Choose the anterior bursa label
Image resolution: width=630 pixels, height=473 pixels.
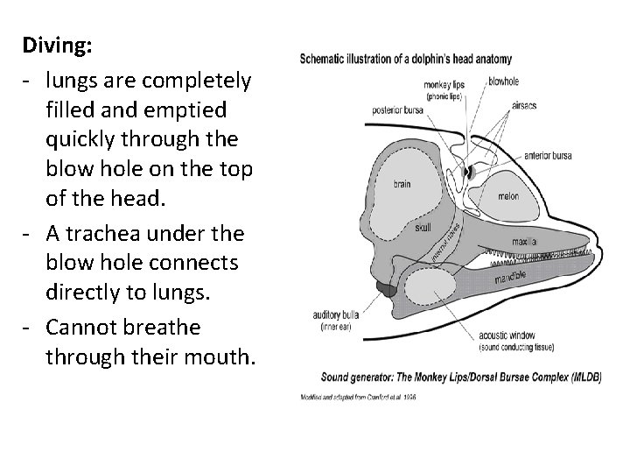point(548,156)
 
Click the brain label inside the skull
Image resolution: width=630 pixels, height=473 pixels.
point(402,184)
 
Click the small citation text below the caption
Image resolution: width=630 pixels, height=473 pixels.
point(358,398)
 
